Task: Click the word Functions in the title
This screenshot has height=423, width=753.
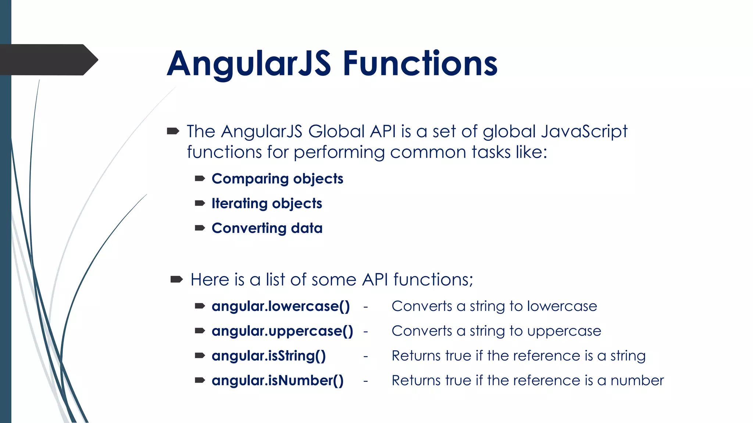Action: point(420,64)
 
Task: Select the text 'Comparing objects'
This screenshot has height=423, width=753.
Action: point(277,179)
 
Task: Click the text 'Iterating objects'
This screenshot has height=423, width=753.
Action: point(267,203)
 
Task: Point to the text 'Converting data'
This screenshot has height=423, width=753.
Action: point(267,228)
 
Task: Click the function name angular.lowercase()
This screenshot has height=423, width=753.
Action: point(281,306)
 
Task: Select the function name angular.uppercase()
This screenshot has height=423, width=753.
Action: point(282,331)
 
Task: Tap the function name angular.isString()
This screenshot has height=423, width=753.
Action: point(268,356)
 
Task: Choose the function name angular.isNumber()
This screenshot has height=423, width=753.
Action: point(278,380)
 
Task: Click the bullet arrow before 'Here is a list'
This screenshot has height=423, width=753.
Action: point(176,280)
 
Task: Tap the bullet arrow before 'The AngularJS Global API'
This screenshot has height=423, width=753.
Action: point(173,131)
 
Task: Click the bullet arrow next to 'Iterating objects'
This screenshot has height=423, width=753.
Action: point(200,203)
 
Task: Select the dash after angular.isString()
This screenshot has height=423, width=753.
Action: point(365,356)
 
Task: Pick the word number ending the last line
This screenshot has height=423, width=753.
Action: point(637,380)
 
